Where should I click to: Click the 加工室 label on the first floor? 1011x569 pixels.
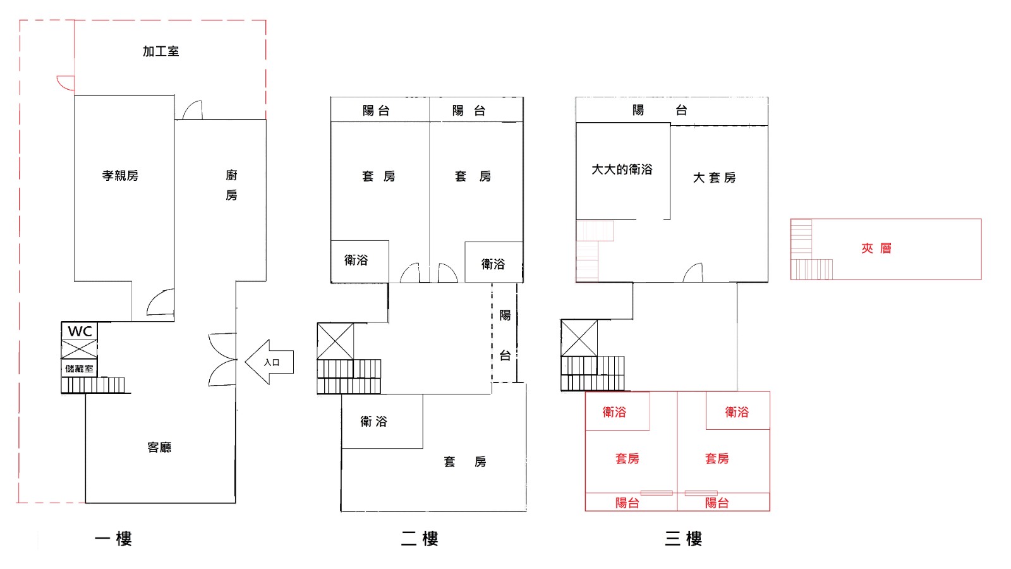[x=160, y=51]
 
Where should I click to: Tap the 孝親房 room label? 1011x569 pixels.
[x=120, y=176]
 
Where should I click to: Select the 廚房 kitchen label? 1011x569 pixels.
[x=231, y=185]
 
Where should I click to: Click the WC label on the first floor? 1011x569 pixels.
[x=80, y=331]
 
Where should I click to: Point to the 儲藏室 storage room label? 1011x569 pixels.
[x=79, y=369]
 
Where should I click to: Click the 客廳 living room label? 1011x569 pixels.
[x=159, y=448]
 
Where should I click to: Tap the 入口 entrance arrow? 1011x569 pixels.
[x=269, y=362]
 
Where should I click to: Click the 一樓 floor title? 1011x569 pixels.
[x=113, y=539]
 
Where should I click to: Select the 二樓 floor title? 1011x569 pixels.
[x=420, y=539]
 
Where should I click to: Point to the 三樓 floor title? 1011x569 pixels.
[x=683, y=539]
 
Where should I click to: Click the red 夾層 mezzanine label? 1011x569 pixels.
[x=876, y=248]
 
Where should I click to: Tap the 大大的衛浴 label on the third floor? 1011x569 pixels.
[x=622, y=170]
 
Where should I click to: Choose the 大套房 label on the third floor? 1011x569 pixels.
[x=714, y=178]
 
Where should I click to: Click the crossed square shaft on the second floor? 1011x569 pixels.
[x=336, y=341]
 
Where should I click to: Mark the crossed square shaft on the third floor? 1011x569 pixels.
[x=579, y=338]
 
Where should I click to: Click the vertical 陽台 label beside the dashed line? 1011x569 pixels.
[x=505, y=336]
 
